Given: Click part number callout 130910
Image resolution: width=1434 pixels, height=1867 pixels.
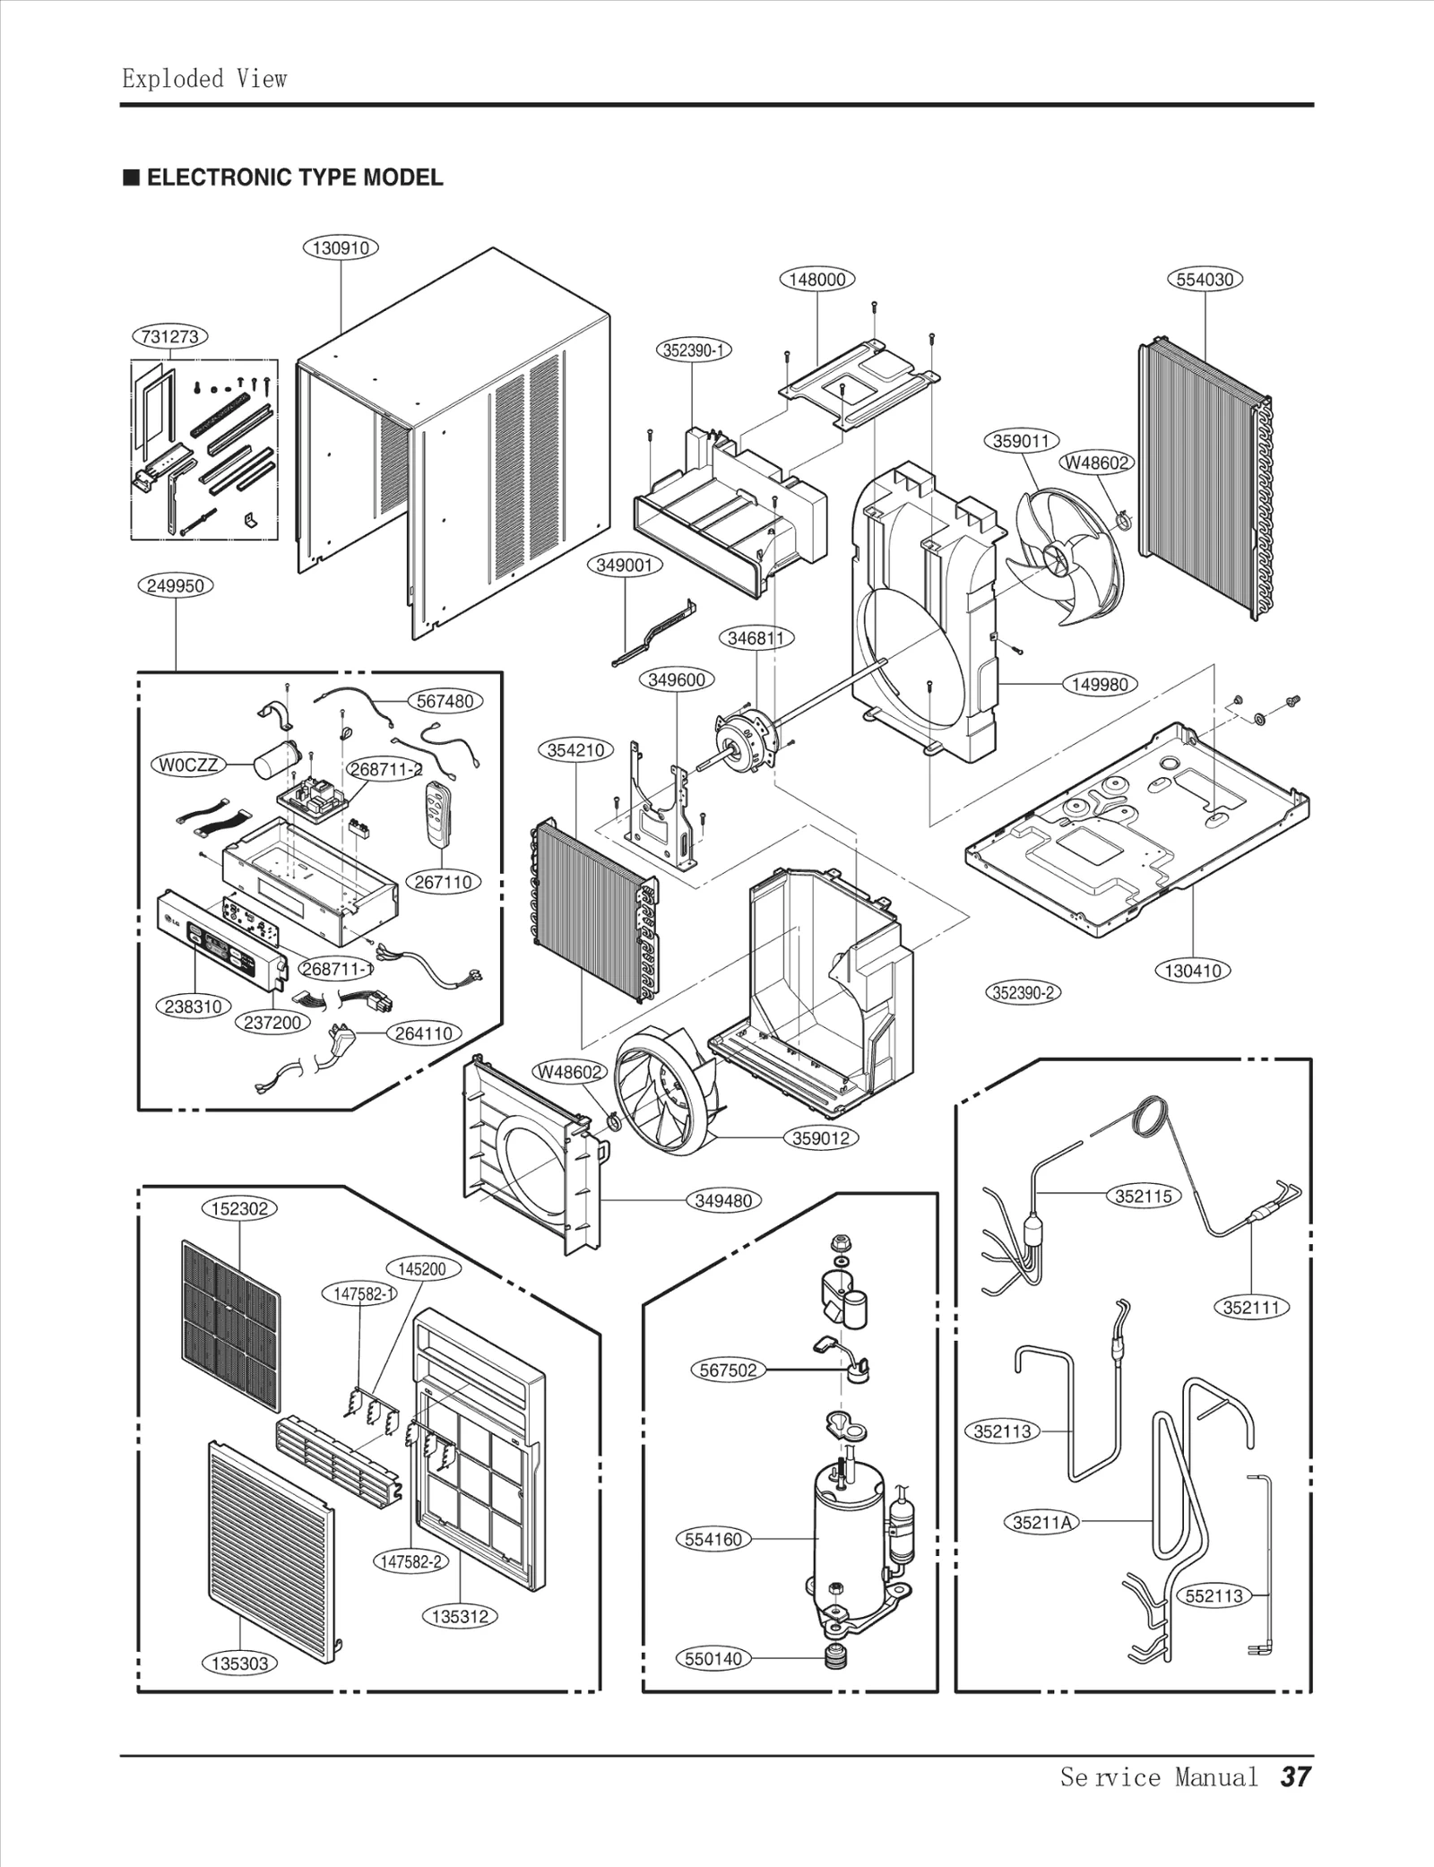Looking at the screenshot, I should pos(341,247).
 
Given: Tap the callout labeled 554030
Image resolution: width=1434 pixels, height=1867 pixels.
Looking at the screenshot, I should pos(1205,279).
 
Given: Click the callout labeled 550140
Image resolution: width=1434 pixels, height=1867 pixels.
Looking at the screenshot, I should pos(713,1658).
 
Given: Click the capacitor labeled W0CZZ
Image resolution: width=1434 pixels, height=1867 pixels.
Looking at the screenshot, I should pos(270,763).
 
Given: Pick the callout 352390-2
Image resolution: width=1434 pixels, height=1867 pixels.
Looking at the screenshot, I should pos(1024,992).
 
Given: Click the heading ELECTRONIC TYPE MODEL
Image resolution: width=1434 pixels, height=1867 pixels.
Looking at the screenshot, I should pos(294,177).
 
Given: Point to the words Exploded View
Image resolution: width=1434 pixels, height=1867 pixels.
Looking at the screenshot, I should pos(204,79).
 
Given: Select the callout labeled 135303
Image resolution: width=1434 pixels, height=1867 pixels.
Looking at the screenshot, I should pos(239,1664).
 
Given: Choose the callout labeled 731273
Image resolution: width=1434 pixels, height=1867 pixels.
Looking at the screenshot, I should pos(170,337).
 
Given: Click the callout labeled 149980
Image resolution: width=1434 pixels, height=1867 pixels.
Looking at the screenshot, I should pos(1100,684).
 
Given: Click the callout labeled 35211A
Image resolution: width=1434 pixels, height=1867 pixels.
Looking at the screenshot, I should pos(1042,1521).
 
